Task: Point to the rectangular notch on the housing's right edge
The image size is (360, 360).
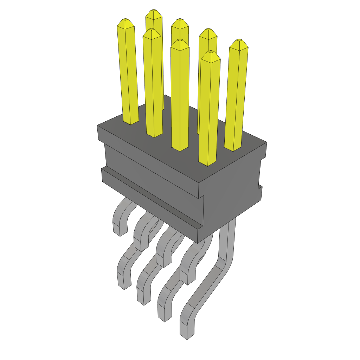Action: click(x=261, y=174)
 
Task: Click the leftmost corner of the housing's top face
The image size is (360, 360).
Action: click(x=98, y=126)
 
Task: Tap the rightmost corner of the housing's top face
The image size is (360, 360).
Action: click(x=266, y=143)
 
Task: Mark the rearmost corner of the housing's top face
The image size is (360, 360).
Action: click(x=165, y=95)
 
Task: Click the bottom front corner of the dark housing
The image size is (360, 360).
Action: click(x=198, y=243)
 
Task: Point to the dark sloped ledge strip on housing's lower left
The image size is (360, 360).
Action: click(x=151, y=199)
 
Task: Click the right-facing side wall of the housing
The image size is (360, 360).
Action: click(x=232, y=190)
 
